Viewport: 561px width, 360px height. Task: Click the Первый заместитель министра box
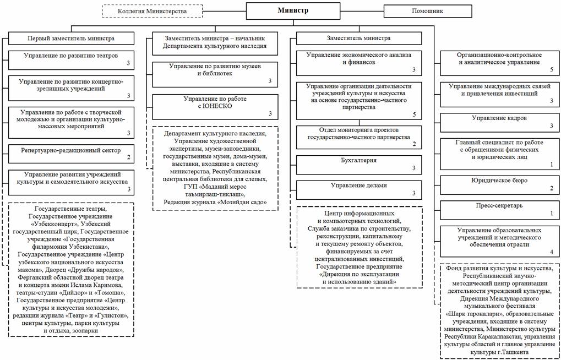(71, 39)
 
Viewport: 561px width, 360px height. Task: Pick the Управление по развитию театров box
(72, 59)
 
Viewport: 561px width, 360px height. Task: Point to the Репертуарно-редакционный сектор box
(72, 152)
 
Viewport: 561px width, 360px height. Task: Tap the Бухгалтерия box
(358, 164)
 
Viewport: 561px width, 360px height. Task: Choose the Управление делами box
(358, 189)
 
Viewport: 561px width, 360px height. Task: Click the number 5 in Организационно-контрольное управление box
(551, 70)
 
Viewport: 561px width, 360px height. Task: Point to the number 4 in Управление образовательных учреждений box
(551, 252)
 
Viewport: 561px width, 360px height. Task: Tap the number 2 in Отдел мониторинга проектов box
(413, 144)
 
